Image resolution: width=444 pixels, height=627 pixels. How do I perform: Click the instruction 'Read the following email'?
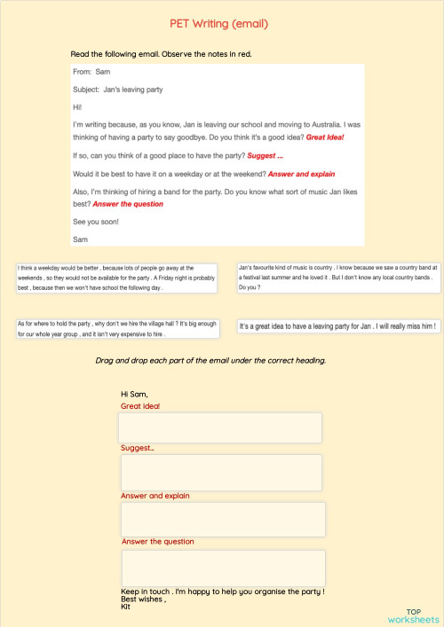[x=161, y=54]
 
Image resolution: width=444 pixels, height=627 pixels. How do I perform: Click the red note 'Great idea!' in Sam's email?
[x=324, y=137]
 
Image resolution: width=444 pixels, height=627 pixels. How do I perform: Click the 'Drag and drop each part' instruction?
[x=210, y=361]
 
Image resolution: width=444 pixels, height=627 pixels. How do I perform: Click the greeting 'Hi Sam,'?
[x=134, y=395]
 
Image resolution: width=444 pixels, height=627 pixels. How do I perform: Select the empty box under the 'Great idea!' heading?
[x=220, y=427]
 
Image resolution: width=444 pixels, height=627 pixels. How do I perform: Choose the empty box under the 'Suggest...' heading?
[x=220, y=472]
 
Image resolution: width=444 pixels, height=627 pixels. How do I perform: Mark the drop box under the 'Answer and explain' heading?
[x=222, y=519]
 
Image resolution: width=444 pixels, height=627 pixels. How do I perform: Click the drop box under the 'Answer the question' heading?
[x=222, y=568]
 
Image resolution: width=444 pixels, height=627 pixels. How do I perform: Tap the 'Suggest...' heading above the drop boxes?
[x=138, y=449]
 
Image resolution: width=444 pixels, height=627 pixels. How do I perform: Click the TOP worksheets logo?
[x=424, y=615]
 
